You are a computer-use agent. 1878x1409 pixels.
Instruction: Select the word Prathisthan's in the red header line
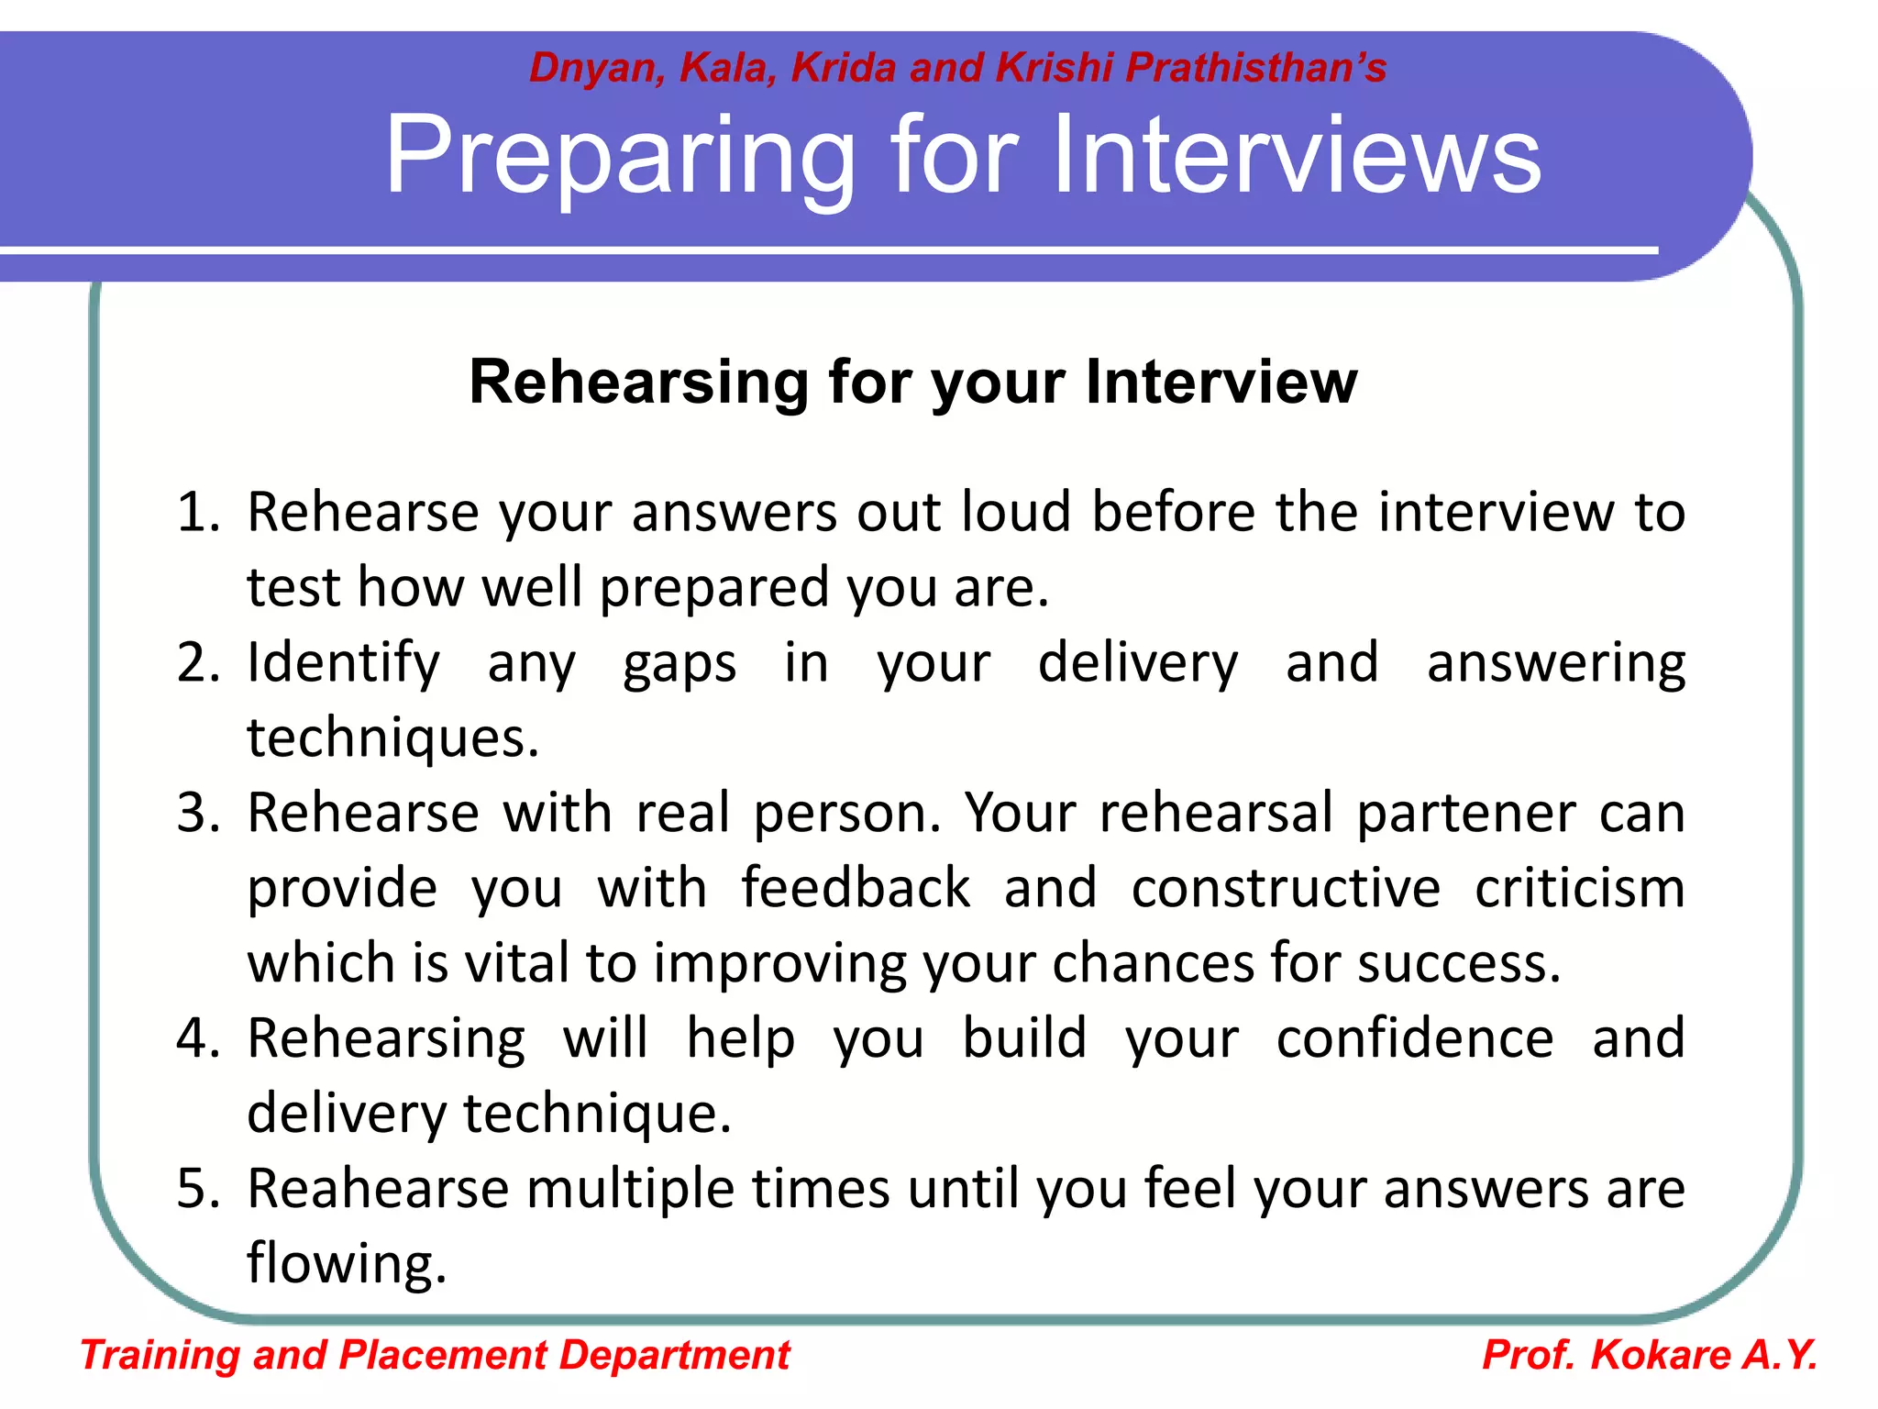(x=1255, y=68)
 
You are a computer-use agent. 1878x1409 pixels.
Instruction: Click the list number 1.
(x=197, y=512)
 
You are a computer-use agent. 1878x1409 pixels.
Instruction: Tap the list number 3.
(x=197, y=813)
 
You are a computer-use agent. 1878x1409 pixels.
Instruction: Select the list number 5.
(x=197, y=1189)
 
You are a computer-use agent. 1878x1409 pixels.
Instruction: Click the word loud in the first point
(x=1015, y=512)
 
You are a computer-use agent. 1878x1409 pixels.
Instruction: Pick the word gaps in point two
(x=679, y=664)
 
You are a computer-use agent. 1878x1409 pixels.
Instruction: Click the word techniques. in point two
(x=392, y=738)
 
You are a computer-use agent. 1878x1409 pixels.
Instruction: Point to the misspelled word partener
(x=1466, y=813)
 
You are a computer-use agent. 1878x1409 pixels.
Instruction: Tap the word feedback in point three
(x=855, y=888)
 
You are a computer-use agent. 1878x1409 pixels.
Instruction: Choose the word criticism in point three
(x=1579, y=888)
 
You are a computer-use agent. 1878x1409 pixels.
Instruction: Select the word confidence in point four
(x=1415, y=1038)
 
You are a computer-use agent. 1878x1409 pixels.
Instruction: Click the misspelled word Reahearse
(x=378, y=1189)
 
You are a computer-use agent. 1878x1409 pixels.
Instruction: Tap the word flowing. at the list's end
(x=347, y=1264)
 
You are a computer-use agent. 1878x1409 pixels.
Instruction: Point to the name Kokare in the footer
(x=1661, y=1356)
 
